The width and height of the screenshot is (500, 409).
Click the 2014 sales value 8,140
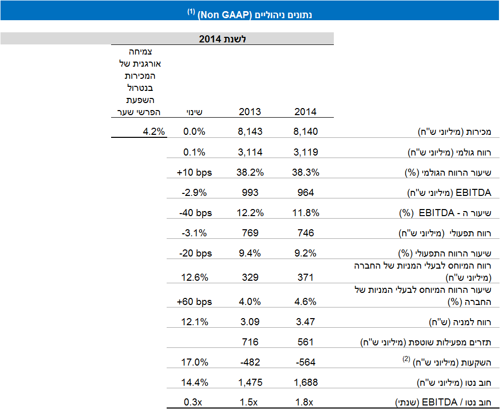pyautogui.click(x=306, y=132)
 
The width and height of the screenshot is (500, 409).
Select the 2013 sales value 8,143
pyautogui.click(x=249, y=132)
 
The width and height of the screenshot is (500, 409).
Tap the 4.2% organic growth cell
pyautogui.click(x=154, y=132)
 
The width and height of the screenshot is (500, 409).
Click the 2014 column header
pyautogui.click(x=306, y=112)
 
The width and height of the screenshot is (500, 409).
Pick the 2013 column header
pyautogui.click(x=249, y=112)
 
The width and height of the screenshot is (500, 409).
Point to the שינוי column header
pyautogui.click(x=194, y=112)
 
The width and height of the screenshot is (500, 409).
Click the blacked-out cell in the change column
pyautogui.click(x=194, y=337)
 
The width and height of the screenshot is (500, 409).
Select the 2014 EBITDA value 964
pyautogui.click(x=306, y=192)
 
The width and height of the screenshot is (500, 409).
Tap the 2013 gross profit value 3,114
pyautogui.click(x=249, y=152)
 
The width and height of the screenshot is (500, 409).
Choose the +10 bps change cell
pyautogui.click(x=194, y=172)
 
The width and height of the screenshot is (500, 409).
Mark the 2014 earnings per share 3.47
pyautogui.click(x=306, y=322)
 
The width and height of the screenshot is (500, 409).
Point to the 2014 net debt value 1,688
pyautogui.click(x=306, y=382)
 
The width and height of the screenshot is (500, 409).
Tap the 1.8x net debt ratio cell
pyautogui.click(x=306, y=402)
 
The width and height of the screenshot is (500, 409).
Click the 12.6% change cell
pyautogui.click(x=194, y=277)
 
